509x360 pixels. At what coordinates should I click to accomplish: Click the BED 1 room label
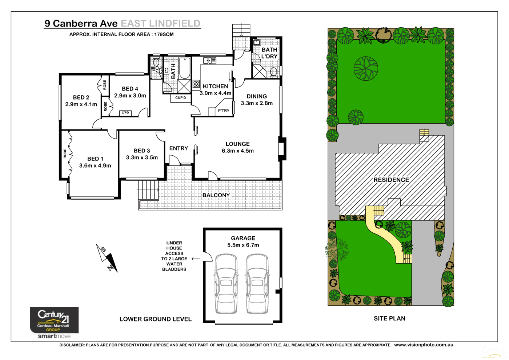(95, 159)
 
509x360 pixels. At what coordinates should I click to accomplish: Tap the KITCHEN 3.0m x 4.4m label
(215, 89)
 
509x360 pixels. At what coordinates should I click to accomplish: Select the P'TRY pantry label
(224, 111)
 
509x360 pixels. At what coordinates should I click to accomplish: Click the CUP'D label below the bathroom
(181, 98)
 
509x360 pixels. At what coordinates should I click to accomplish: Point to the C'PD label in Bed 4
(125, 113)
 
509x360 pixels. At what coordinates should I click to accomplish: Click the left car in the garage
(226, 284)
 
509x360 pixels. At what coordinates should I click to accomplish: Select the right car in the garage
(257, 284)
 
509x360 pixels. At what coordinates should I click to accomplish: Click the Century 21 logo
(54, 320)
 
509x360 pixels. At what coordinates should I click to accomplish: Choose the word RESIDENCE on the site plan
(391, 180)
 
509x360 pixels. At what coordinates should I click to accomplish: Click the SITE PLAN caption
(389, 319)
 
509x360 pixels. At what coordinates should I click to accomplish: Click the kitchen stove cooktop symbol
(196, 84)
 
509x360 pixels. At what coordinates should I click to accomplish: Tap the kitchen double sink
(209, 61)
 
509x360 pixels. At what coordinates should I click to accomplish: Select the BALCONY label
(216, 195)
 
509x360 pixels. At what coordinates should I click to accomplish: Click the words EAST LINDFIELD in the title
(160, 24)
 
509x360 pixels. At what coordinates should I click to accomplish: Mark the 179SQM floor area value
(164, 35)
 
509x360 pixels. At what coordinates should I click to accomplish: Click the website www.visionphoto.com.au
(424, 345)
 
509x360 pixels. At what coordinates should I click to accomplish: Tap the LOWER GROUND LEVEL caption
(155, 319)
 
